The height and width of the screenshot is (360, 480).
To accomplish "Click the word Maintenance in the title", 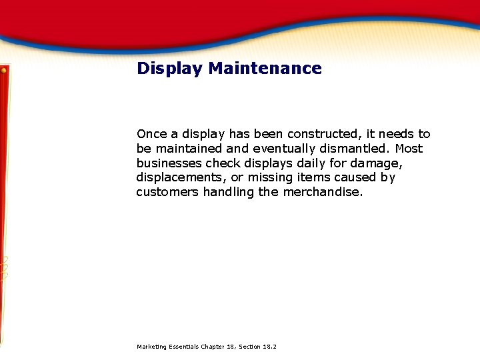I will click(265, 69).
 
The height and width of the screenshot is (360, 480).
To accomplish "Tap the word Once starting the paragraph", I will click(151, 134).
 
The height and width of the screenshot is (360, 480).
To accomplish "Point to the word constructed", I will click(323, 134).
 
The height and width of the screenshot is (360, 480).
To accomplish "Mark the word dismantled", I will click(358, 149).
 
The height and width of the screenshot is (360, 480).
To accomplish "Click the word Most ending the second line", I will click(409, 149).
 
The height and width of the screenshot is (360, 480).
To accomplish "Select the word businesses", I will click(169, 163).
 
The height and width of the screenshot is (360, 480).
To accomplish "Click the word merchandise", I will click(323, 193).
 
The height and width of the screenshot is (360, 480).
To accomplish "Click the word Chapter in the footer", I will click(213, 347).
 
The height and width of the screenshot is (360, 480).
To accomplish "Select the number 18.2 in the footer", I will click(269, 347).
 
